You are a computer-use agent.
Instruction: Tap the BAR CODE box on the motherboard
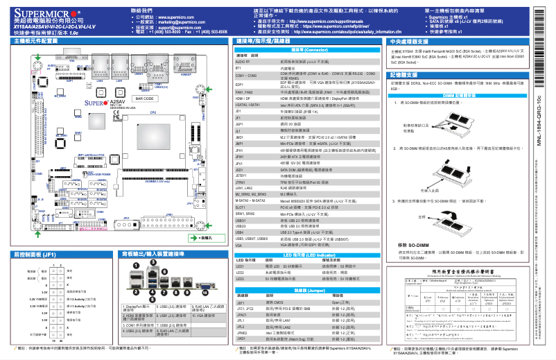tap(144, 99)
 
